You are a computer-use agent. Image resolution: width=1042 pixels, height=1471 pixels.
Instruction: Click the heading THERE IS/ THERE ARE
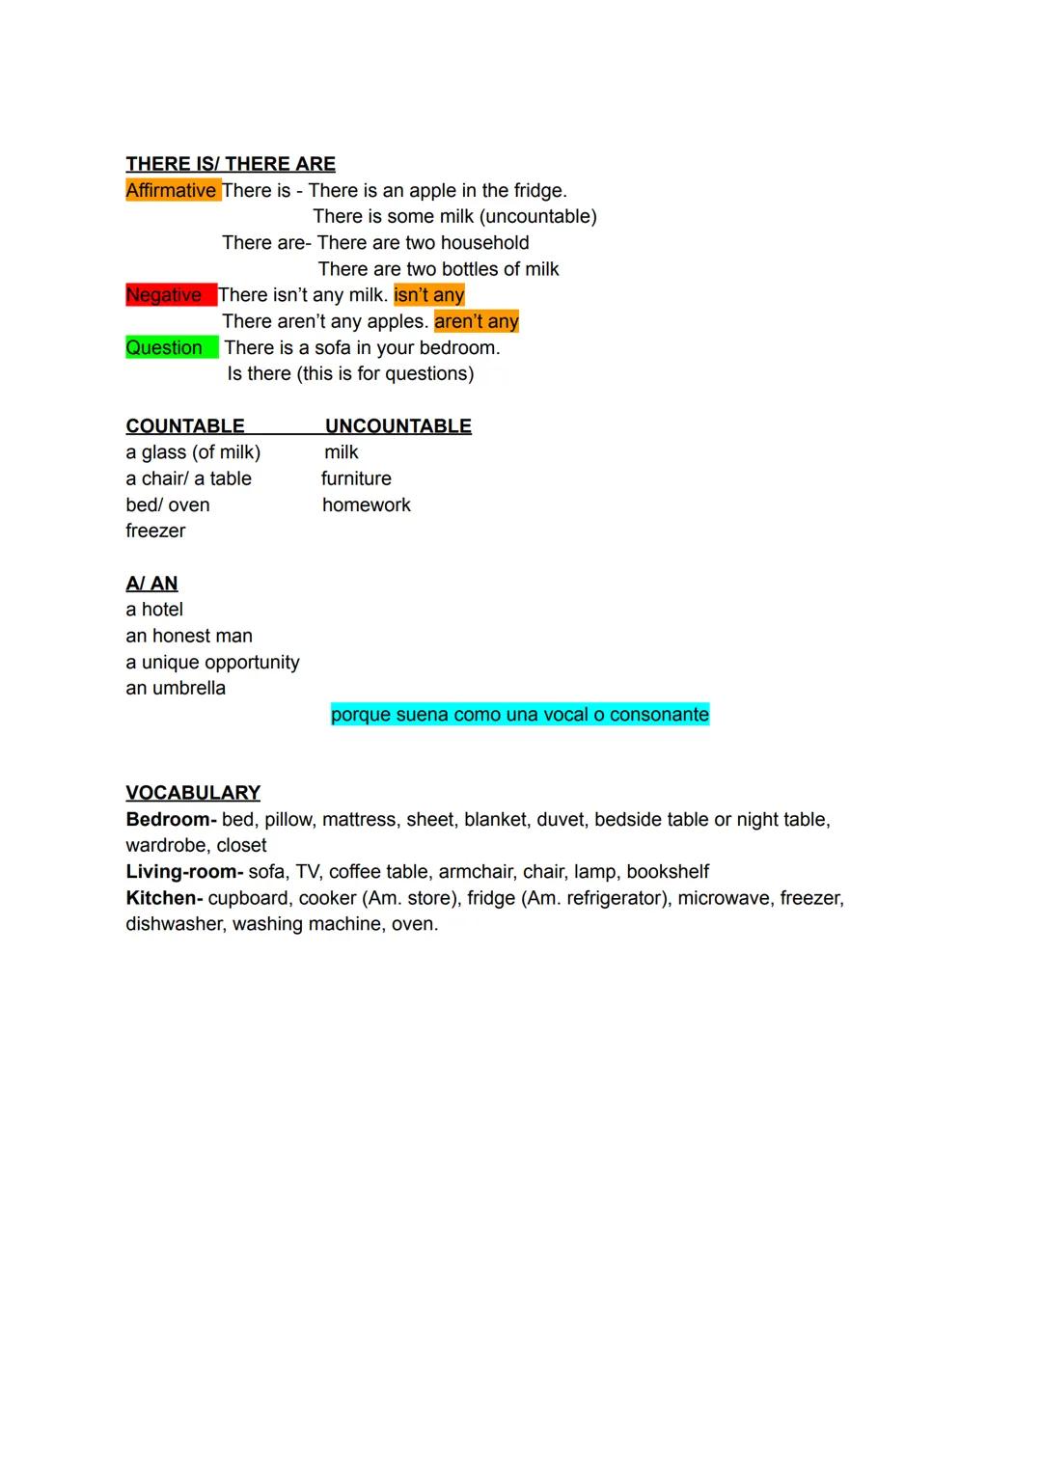click(231, 164)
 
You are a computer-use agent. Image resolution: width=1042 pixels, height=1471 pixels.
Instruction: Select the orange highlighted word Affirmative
click(171, 190)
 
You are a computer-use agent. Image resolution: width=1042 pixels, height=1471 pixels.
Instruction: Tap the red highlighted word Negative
click(164, 295)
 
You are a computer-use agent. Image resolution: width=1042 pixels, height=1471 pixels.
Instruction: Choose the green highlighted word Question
click(164, 347)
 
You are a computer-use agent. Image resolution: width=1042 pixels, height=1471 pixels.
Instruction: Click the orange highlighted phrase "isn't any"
click(429, 295)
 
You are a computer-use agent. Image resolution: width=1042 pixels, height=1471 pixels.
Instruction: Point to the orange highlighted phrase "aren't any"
click(477, 321)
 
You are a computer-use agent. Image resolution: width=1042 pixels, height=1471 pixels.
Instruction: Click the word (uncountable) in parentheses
click(537, 216)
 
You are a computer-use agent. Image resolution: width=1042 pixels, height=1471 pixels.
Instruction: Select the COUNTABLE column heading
click(185, 426)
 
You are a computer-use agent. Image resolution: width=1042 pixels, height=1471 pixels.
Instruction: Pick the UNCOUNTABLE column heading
click(398, 426)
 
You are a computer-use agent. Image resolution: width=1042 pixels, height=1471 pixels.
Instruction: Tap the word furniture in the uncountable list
click(356, 478)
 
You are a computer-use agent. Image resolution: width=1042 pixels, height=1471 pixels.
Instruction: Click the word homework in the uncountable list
click(367, 504)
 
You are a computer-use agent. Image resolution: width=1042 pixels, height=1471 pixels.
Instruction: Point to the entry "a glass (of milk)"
click(193, 452)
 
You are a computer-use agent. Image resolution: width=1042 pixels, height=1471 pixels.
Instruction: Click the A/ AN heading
click(151, 584)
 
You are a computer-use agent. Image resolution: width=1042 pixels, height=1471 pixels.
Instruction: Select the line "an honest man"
click(189, 636)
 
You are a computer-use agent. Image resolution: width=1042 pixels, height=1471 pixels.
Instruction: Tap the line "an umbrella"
click(176, 688)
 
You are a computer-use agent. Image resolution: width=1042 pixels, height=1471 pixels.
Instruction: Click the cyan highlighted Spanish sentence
click(520, 715)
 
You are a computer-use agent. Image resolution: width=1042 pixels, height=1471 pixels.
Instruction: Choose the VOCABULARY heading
click(193, 793)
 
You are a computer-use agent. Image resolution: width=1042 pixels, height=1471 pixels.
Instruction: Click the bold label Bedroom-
click(171, 819)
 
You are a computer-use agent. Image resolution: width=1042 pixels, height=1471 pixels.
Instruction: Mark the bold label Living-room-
click(184, 872)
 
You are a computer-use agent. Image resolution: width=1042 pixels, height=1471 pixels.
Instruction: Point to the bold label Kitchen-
click(164, 898)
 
